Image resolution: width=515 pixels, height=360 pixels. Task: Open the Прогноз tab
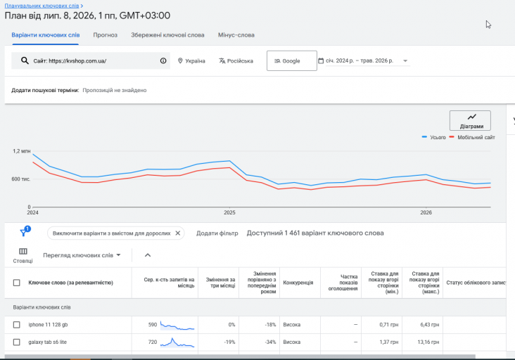pyautogui.click(x=105, y=35)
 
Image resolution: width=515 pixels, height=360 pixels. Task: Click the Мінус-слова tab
pyautogui.click(x=236, y=35)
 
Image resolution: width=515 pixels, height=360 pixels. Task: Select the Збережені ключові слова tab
pyautogui.click(x=167, y=35)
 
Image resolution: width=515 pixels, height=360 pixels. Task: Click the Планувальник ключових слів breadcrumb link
pyautogui.click(x=42, y=6)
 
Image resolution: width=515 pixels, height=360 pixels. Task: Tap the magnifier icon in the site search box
pyautogui.click(x=25, y=60)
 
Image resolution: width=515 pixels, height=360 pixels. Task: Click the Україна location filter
pyautogui.click(x=191, y=61)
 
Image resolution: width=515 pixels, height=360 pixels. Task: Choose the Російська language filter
pyautogui.click(x=236, y=61)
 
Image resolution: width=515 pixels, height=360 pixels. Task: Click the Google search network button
pyautogui.click(x=292, y=60)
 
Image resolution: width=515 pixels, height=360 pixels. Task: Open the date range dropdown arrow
pyautogui.click(x=405, y=60)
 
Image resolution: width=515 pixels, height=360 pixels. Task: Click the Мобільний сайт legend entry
pyautogui.click(x=472, y=138)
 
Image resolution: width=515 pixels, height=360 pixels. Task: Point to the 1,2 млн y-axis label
pyautogui.click(x=22, y=151)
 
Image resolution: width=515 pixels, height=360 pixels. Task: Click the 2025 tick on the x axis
pyautogui.click(x=229, y=212)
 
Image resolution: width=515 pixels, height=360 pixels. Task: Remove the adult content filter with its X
pyautogui.click(x=178, y=233)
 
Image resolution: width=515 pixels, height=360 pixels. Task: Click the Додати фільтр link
pyautogui.click(x=217, y=233)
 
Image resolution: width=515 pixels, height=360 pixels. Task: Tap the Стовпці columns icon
pyautogui.click(x=23, y=252)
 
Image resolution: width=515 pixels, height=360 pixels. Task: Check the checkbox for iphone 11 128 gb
pyautogui.click(x=16, y=325)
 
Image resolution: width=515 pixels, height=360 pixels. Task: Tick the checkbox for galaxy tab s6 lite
pyautogui.click(x=16, y=342)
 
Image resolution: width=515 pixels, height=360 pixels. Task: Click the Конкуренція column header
pyautogui.click(x=298, y=283)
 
